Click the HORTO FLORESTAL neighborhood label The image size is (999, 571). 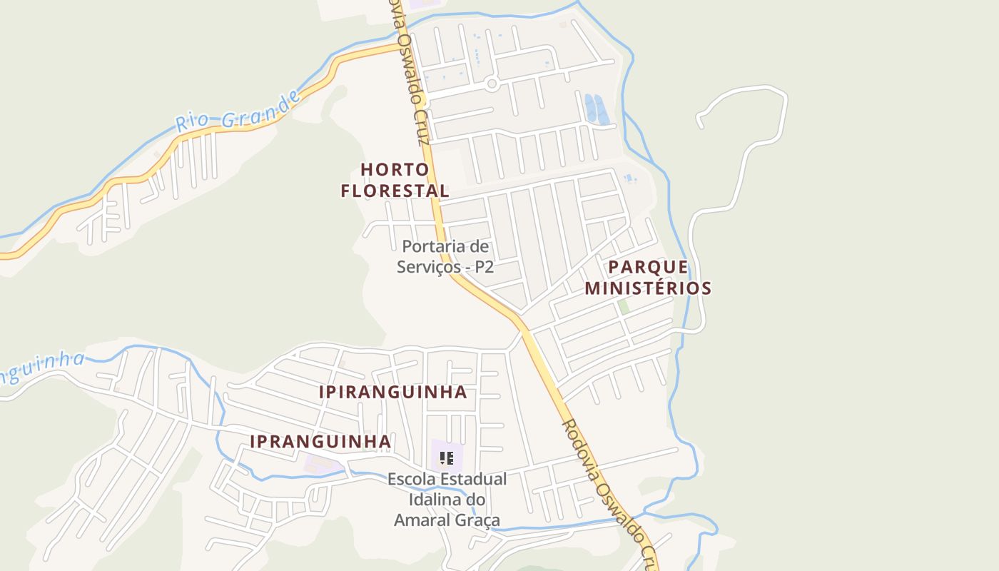coord(395,180)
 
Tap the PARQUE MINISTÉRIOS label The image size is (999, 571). coord(648,278)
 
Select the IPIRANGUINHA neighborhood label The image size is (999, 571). coord(392,392)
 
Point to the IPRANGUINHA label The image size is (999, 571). coord(320,442)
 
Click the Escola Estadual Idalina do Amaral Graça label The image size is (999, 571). coord(447,499)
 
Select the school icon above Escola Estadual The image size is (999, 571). coord(447,458)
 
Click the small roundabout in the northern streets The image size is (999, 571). coord(491,84)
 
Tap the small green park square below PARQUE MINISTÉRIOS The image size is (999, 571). coord(624,306)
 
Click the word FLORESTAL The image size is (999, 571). coord(395,191)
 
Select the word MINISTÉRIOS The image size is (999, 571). coord(648,288)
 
